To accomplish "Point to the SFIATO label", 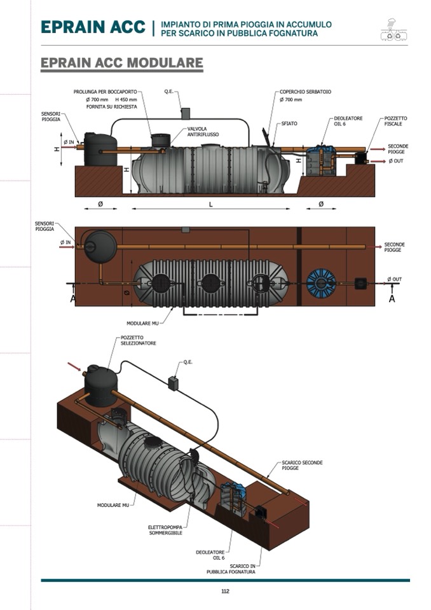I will click(x=289, y=123).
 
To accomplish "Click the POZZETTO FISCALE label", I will click(x=395, y=121).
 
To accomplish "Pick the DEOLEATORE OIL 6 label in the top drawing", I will click(x=346, y=121).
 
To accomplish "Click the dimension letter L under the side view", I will click(x=210, y=204).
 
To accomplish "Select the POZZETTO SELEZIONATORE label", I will click(x=138, y=340).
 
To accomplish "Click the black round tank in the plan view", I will click(x=100, y=243).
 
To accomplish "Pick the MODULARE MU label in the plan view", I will click(x=142, y=323).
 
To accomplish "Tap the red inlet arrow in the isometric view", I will click(x=74, y=367).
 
